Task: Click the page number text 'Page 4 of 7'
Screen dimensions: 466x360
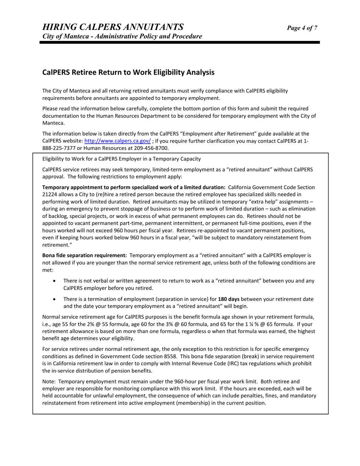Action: pos(302,28)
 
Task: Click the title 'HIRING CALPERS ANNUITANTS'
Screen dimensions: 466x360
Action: pos(113,27)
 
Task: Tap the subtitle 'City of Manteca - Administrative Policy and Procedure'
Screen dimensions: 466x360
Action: pos(122,36)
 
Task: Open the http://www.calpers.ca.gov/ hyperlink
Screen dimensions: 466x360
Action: pos(117,141)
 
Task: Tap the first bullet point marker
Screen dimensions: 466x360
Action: pos(56,281)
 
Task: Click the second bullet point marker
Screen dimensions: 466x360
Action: pos(56,299)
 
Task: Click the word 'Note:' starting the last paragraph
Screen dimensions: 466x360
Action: pos(49,382)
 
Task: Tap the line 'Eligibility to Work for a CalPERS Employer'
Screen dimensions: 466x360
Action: pos(121,159)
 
